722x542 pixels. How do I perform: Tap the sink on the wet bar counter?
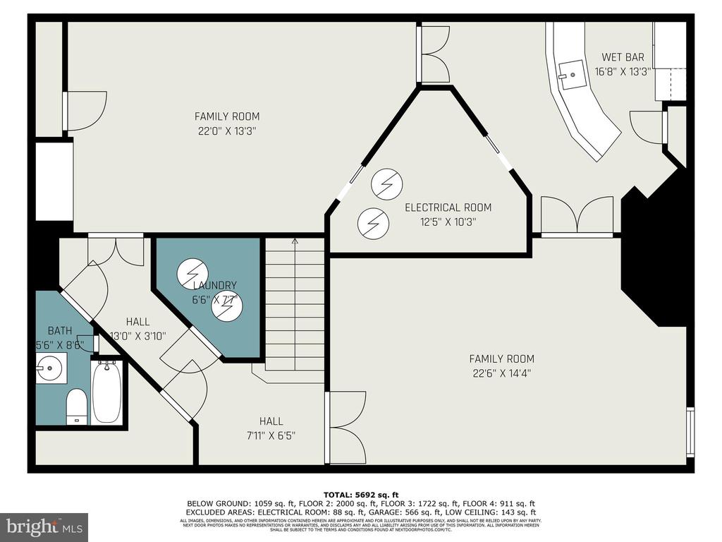click(x=573, y=73)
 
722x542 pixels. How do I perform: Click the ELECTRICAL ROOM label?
click(x=448, y=207)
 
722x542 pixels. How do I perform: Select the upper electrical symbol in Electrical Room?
click(x=386, y=185)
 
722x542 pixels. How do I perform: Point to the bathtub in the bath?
click(x=106, y=392)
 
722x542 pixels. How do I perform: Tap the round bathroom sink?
click(x=51, y=367)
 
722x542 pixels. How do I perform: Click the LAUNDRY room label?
click(x=215, y=285)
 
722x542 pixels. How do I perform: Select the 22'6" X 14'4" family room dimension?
click(x=501, y=373)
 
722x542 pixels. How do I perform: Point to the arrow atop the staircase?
click(x=295, y=242)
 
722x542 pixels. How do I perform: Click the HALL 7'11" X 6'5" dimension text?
click(x=271, y=435)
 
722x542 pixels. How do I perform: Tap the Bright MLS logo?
click(x=44, y=526)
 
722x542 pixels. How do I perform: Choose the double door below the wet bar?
click(x=577, y=215)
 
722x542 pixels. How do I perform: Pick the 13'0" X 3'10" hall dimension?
click(x=137, y=336)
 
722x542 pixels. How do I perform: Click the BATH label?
click(x=60, y=330)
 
